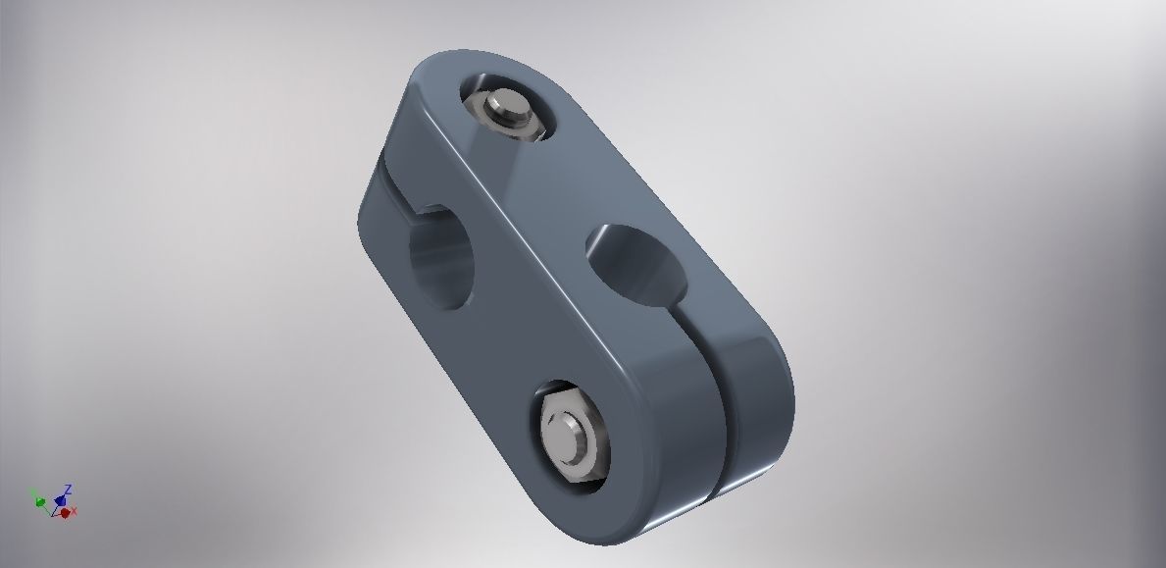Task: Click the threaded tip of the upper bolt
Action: point(503,104)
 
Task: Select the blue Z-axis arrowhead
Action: point(61,500)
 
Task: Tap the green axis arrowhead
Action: point(40,501)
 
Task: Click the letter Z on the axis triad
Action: point(68,490)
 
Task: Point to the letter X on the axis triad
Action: point(74,511)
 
